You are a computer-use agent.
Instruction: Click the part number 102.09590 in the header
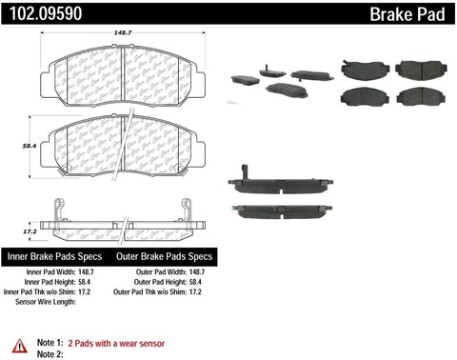[x=46, y=13]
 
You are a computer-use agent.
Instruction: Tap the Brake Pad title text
[x=407, y=14]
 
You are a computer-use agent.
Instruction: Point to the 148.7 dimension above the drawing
[x=123, y=32]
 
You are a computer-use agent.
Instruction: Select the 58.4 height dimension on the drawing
[x=30, y=146]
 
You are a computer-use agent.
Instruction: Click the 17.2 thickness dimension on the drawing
[x=30, y=231]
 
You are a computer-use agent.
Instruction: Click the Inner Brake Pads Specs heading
[x=54, y=256]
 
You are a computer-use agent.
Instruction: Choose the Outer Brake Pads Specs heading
[x=164, y=256]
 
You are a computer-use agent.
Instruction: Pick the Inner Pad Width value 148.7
[x=86, y=272]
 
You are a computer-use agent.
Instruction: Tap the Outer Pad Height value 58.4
[x=195, y=282]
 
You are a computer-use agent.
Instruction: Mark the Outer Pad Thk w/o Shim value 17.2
[x=195, y=291]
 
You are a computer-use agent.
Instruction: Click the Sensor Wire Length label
[x=46, y=302]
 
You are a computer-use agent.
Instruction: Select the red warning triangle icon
[x=20, y=346]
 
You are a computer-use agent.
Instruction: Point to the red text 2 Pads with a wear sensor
[x=116, y=344]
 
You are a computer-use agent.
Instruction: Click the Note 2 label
[x=50, y=354]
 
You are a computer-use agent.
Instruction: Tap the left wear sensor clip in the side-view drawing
[x=60, y=210]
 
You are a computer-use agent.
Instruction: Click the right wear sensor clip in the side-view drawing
[x=186, y=210]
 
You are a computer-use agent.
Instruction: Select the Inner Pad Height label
[x=50, y=282]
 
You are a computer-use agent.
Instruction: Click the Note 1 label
[x=50, y=343]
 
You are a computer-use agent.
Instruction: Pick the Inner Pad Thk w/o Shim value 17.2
[x=84, y=291]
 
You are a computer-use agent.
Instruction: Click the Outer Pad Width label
[x=161, y=272]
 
